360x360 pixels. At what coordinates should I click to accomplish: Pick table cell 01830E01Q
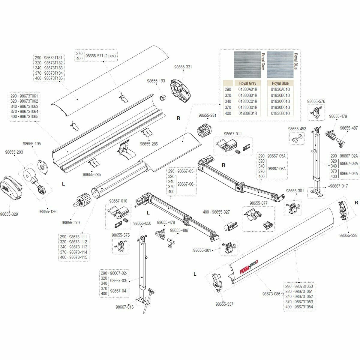coord(280,113)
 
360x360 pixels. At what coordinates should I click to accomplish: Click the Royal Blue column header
coord(280,83)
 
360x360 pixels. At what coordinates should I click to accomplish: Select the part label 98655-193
coord(156,81)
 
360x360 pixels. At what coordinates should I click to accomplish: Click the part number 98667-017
coord(339,186)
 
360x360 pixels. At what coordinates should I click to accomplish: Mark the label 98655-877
coord(258,203)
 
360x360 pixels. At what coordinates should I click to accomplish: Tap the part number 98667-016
coord(124,307)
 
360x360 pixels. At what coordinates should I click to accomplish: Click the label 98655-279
coord(71,223)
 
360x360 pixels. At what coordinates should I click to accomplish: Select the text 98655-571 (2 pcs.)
coord(100,56)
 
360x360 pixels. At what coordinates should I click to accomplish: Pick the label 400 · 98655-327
coord(216,212)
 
